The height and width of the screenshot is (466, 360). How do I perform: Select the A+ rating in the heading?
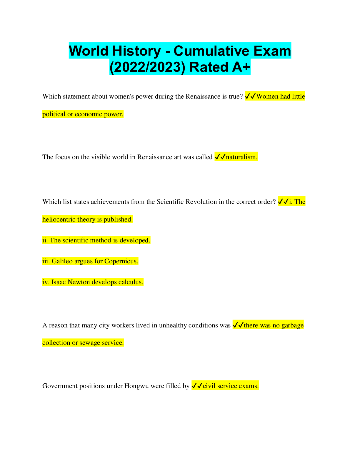click(241, 67)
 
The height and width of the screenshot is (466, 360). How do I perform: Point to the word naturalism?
click(241, 157)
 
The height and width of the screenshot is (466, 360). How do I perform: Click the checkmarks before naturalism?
click(220, 157)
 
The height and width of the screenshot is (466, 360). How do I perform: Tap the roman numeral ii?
click(45, 240)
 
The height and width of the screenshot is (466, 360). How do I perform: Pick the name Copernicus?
click(121, 262)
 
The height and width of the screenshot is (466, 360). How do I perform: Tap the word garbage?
click(292, 326)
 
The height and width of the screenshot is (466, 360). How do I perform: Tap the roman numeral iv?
click(46, 282)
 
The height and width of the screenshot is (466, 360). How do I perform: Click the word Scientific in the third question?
click(170, 202)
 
